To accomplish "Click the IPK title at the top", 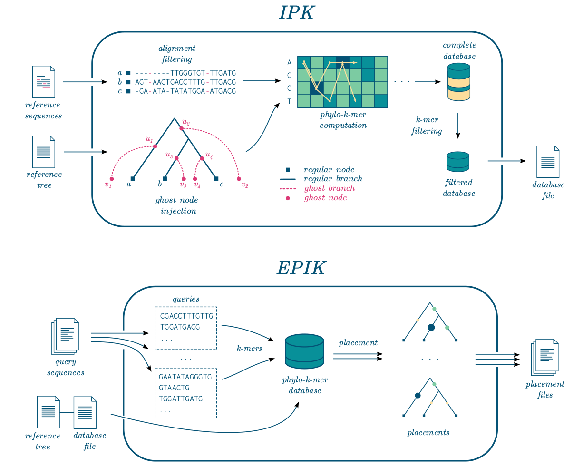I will click(x=296, y=13).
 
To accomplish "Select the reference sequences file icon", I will click(x=44, y=82).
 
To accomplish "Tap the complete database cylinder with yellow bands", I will click(x=459, y=82).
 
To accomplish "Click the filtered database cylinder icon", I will click(x=458, y=162).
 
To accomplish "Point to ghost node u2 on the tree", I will click(x=181, y=128).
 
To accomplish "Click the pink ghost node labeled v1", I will click(x=112, y=179).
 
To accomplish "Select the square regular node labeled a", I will click(x=133, y=179).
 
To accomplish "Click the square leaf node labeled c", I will click(x=216, y=179).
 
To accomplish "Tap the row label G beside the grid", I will click(x=289, y=88).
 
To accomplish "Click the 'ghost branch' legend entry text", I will click(x=330, y=188).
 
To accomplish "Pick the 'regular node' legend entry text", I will click(x=329, y=170).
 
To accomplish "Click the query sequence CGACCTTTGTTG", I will click(x=187, y=316).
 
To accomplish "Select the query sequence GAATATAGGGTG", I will click(x=185, y=377).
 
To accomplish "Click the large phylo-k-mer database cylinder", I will click(x=304, y=352).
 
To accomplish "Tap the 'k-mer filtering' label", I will click(x=427, y=126).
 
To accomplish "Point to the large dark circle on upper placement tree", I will click(x=431, y=327).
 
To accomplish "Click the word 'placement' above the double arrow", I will click(x=358, y=343).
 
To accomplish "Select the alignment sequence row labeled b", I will click(x=185, y=82).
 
